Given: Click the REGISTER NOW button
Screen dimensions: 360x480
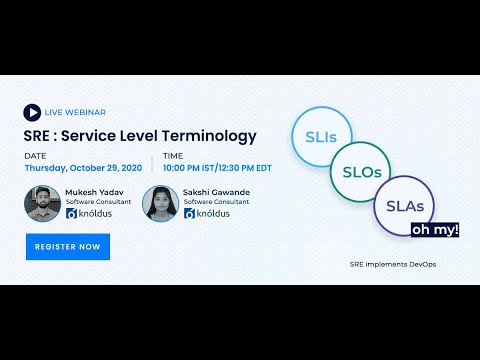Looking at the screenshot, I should [x=68, y=246].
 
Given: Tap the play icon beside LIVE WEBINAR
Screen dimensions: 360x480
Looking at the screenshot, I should [x=33, y=112].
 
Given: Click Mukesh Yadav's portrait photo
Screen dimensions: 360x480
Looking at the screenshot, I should [x=41, y=203].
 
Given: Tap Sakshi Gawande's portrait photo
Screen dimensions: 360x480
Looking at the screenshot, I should [x=159, y=203].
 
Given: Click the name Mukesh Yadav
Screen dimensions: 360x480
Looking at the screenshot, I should [x=94, y=190].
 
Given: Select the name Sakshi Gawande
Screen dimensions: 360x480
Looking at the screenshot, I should [x=215, y=190].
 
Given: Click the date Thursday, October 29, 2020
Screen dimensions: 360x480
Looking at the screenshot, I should [x=83, y=168].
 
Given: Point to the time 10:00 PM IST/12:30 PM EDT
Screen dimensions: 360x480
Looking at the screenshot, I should [x=216, y=168].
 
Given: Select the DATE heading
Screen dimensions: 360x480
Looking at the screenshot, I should [x=35, y=156].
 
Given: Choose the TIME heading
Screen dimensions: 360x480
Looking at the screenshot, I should [x=172, y=156].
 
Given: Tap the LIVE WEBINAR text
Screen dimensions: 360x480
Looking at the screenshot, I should [x=75, y=112].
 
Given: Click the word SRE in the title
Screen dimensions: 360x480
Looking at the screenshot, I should [x=38, y=136].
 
